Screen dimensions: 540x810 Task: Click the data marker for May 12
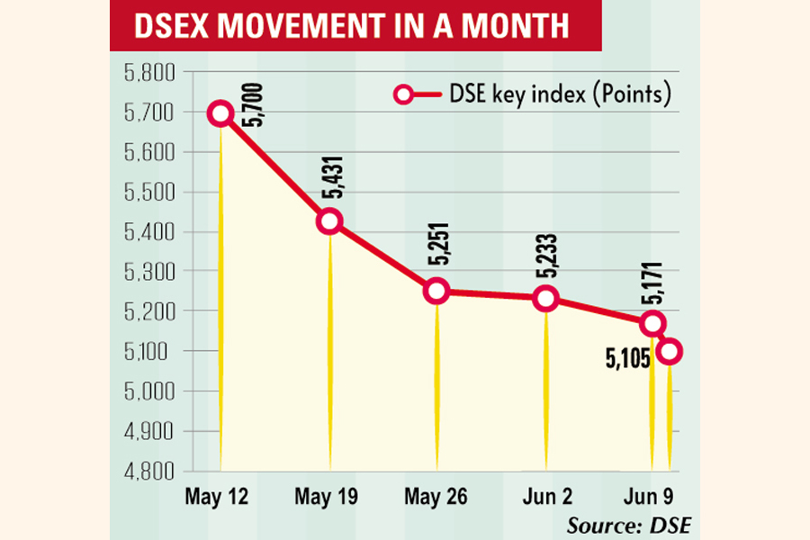click(221, 113)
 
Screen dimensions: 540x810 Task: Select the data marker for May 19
click(329, 221)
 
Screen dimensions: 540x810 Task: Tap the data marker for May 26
click(437, 291)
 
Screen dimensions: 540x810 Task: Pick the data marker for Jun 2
click(545, 299)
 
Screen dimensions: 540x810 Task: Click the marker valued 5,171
click(652, 323)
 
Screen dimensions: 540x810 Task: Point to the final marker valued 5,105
click(669, 351)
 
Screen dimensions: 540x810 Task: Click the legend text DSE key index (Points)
click(559, 94)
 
